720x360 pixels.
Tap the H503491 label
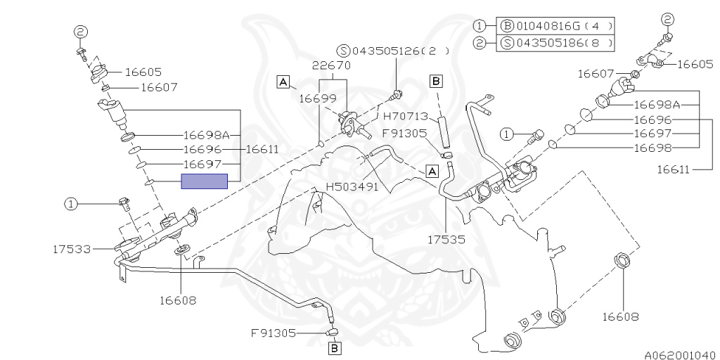pos(352,187)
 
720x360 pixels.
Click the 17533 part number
pos(72,248)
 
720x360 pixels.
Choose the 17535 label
pos(447,240)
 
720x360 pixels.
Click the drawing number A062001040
pos(679,354)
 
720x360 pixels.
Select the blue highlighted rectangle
pos(205,181)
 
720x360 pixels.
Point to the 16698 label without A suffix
pos(652,148)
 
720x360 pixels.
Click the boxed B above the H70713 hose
pos(436,82)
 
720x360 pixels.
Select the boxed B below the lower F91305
pos(335,347)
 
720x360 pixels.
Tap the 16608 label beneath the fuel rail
pos(176,300)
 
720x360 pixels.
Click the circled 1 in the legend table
pos(480,26)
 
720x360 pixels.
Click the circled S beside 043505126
pos(344,51)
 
